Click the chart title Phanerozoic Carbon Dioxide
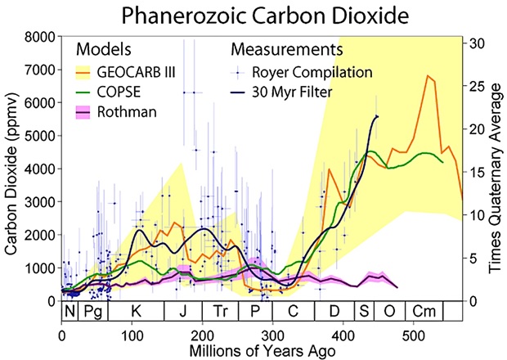253,16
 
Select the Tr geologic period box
220,313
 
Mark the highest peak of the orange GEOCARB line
428,75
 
